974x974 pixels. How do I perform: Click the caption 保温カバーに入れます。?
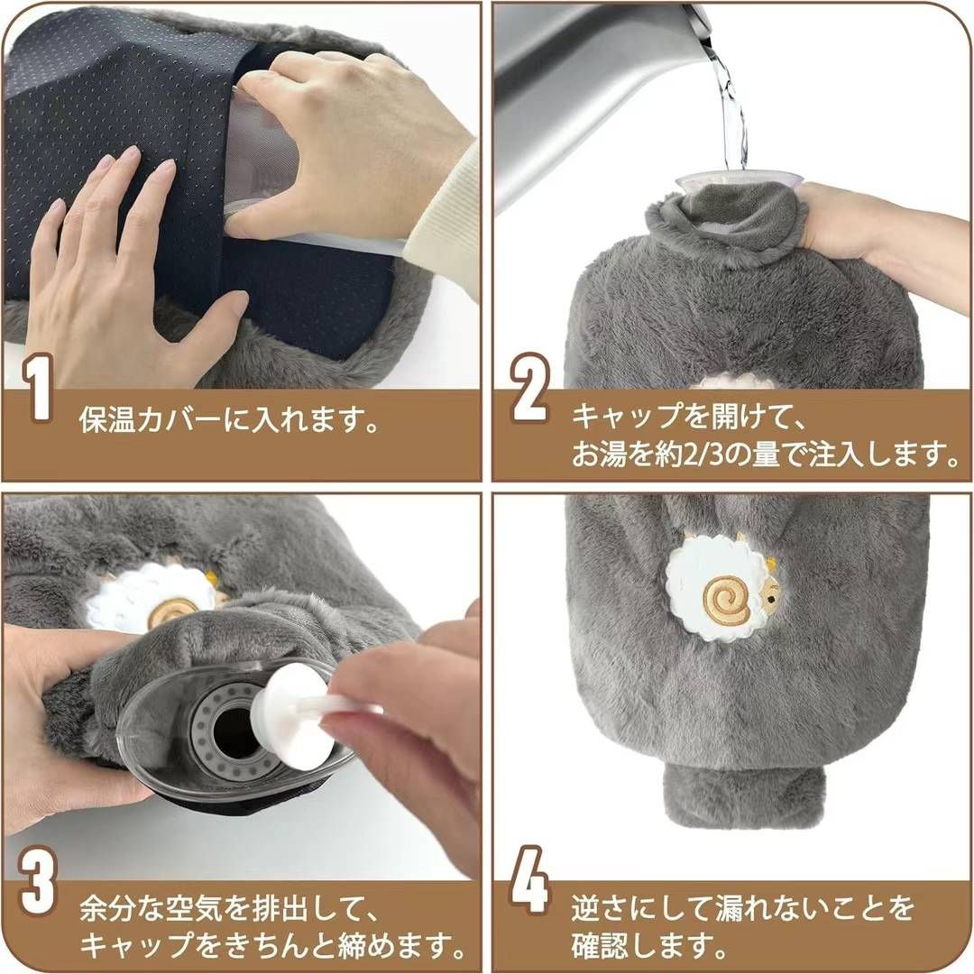point(230,421)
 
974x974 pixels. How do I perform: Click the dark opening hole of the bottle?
point(233,731)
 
